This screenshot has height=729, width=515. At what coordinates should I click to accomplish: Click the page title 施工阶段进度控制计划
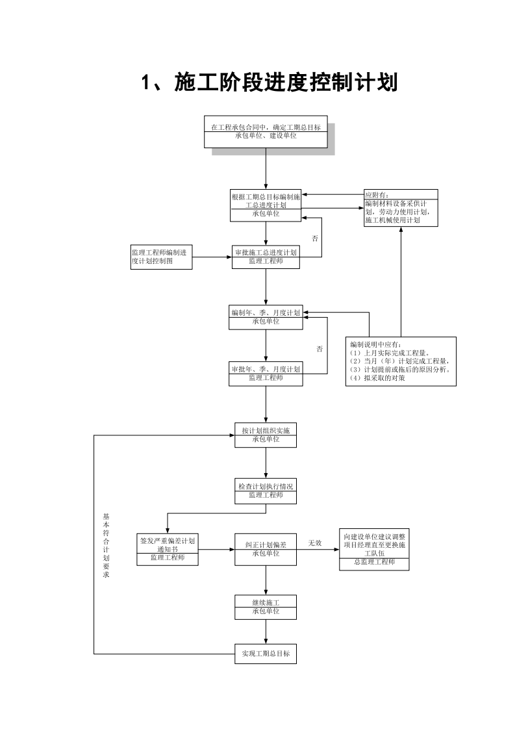pyautogui.click(x=270, y=83)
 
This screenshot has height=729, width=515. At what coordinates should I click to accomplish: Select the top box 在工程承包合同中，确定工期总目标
pyautogui.click(x=266, y=132)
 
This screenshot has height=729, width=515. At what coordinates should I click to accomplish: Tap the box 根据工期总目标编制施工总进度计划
pyautogui.click(x=266, y=205)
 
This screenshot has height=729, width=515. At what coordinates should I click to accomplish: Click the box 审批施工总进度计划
pyautogui.click(x=266, y=256)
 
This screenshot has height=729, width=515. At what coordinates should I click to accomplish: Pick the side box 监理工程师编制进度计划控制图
pyautogui.click(x=161, y=257)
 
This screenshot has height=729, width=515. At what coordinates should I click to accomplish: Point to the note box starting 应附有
pyautogui.click(x=401, y=208)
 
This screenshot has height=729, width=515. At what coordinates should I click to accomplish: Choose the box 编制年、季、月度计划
pyautogui.click(x=266, y=316)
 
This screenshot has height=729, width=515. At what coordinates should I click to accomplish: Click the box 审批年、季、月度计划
pyautogui.click(x=266, y=373)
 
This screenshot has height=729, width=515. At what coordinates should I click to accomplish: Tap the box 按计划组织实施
pyautogui.click(x=266, y=435)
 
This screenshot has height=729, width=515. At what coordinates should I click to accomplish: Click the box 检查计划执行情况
pyautogui.click(x=266, y=491)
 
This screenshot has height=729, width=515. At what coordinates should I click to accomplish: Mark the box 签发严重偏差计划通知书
pyautogui.click(x=168, y=549)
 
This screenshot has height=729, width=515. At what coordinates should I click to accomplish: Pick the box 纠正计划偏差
pyautogui.click(x=266, y=549)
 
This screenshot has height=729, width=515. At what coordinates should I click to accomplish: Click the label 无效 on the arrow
pyautogui.click(x=314, y=543)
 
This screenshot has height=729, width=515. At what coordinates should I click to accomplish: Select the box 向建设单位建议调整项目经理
pyautogui.click(x=374, y=549)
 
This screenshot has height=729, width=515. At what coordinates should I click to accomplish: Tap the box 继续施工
pyautogui.click(x=266, y=607)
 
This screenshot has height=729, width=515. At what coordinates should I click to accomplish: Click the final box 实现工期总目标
pyautogui.click(x=266, y=653)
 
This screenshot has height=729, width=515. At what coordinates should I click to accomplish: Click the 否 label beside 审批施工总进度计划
pyautogui.click(x=315, y=238)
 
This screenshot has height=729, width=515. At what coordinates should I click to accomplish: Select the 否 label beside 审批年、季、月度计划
pyautogui.click(x=320, y=349)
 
